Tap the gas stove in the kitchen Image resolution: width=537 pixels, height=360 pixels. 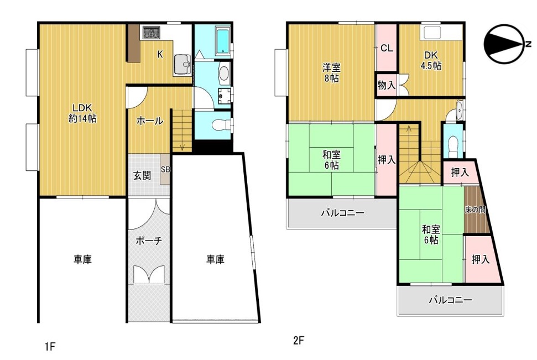point(151,33)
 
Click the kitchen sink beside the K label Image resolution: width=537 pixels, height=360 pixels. point(182,64)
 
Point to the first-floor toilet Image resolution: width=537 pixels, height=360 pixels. point(221,126)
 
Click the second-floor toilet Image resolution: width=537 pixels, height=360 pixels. point(453,142)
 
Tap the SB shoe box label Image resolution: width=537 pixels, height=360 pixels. point(165,170)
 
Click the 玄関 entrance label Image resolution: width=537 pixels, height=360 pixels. point(142,176)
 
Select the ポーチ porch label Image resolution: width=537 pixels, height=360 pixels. point(149,241)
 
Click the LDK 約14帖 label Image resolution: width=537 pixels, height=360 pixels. point(82,113)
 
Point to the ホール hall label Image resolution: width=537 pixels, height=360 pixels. point(150,121)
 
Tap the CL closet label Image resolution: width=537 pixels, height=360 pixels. point(387,48)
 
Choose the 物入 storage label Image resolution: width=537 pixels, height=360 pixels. point(387,85)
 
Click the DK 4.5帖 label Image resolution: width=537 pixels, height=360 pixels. point(431,60)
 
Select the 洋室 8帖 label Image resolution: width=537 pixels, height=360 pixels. point(331,72)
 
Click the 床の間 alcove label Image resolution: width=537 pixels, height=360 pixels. point(475,209)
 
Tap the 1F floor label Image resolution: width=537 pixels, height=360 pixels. point(50,347)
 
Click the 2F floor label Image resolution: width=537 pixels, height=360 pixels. point(299,341)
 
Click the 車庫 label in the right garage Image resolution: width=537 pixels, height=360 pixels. point(216,259)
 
